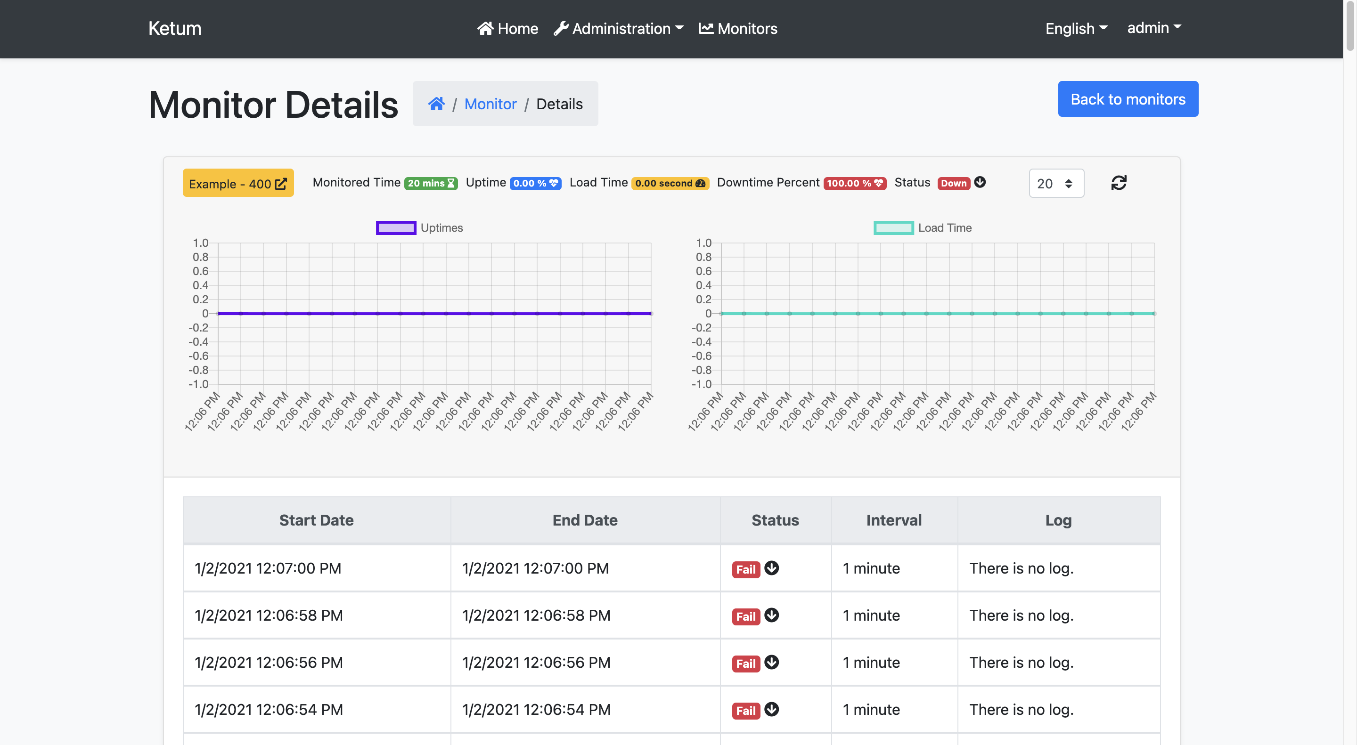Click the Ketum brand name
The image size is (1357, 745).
[174, 28]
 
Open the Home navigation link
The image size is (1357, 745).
[508, 28]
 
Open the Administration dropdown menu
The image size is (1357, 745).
[619, 28]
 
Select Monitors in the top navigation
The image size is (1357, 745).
[737, 28]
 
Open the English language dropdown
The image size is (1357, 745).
[1076, 28]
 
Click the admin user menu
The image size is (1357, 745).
[1153, 28]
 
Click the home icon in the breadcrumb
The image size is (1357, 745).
[436, 104]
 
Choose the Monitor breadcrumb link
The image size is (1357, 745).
[490, 104]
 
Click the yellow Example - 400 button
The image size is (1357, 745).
[238, 183]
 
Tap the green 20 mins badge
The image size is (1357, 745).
[430, 183]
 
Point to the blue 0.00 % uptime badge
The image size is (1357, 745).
[535, 183]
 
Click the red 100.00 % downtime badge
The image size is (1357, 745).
[854, 183]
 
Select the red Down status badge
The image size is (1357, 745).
[954, 183]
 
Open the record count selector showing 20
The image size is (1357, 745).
[1055, 183]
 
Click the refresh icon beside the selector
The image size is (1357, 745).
[1119, 183]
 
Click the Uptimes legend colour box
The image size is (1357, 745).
[396, 228]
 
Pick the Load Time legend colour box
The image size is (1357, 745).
[893, 228]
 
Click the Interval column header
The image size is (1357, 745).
[893, 520]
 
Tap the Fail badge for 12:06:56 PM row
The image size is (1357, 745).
[745, 664]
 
